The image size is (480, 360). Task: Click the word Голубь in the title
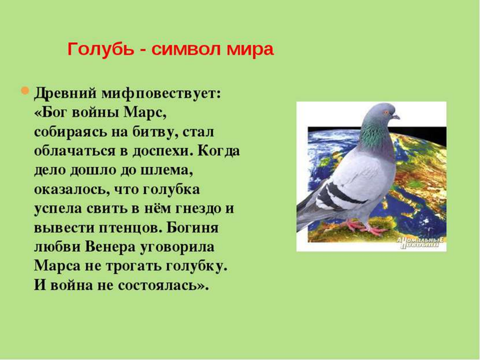click(101, 49)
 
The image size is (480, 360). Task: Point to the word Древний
click(66, 93)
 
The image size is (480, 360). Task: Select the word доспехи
click(163, 151)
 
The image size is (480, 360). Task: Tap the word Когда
click(219, 151)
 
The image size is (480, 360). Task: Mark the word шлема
click(166, 170)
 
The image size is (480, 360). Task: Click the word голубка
click(171, 190)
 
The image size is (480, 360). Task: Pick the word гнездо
click(199, 209)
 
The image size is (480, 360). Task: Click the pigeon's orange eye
click(386, 113)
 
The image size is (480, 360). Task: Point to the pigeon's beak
click(396, 117)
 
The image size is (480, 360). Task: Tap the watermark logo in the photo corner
click(420, 243)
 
